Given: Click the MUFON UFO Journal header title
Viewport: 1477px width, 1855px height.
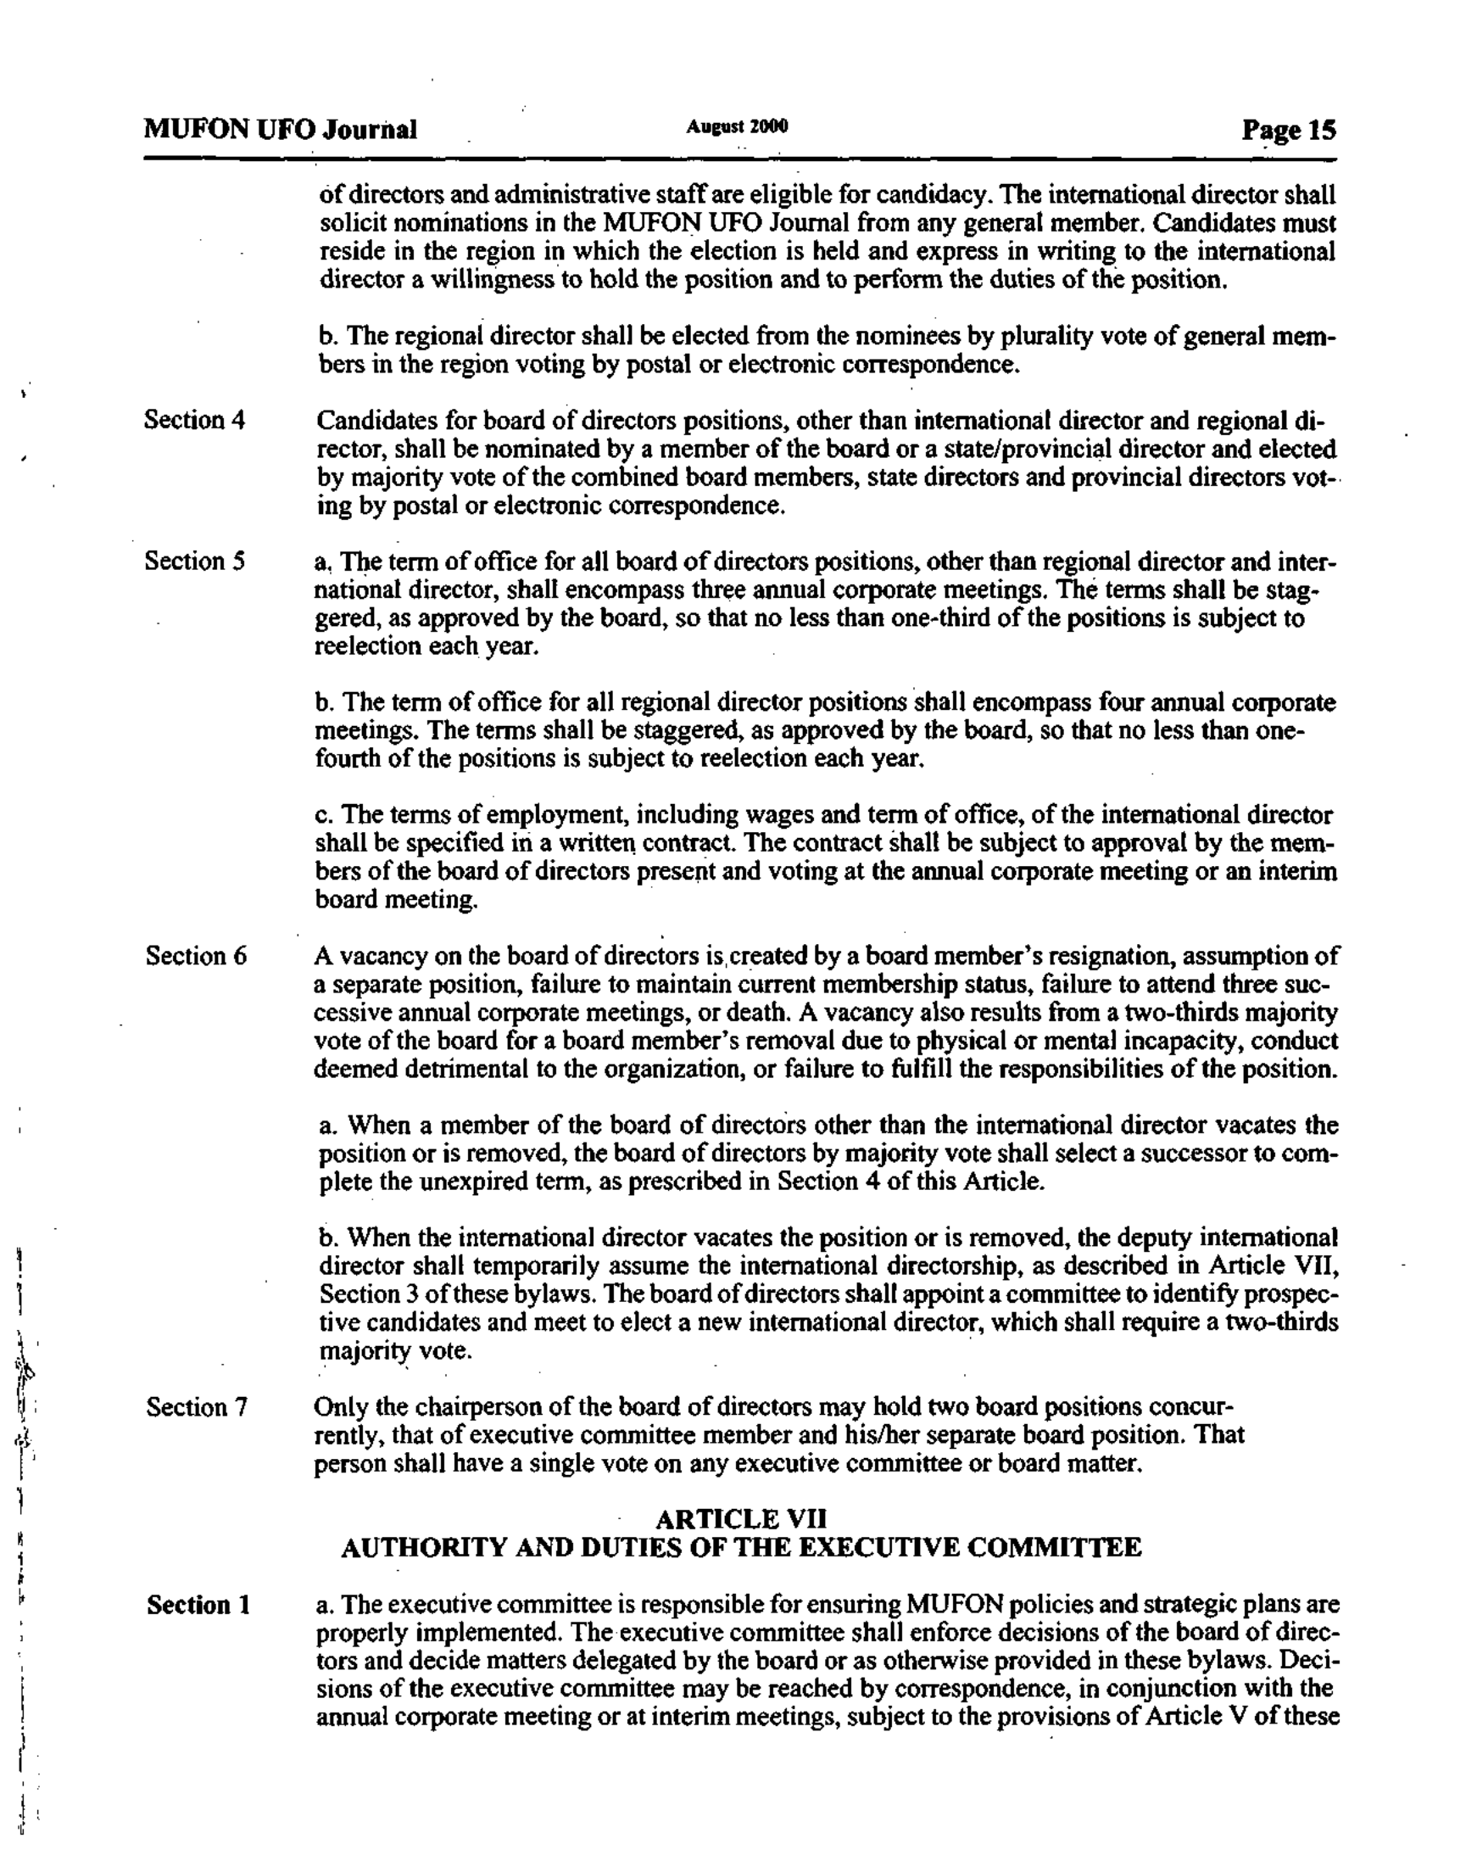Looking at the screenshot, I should tap(281, 129).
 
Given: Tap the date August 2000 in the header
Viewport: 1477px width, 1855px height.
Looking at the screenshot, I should tap(736, 126).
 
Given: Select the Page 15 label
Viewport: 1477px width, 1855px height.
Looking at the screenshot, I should tap(1288, 130).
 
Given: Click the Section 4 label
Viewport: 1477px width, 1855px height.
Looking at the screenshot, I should tap(194, 420).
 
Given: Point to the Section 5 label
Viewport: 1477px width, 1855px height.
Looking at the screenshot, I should tap(194, 561).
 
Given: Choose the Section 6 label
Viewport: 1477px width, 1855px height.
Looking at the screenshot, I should tap(195, 955).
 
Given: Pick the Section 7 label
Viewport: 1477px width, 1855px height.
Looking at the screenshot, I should tap(195, 1407).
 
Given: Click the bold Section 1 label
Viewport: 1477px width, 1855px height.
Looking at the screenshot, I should tap(198, 1605).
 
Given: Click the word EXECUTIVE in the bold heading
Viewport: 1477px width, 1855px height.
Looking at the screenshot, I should tap(885, 1548).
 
